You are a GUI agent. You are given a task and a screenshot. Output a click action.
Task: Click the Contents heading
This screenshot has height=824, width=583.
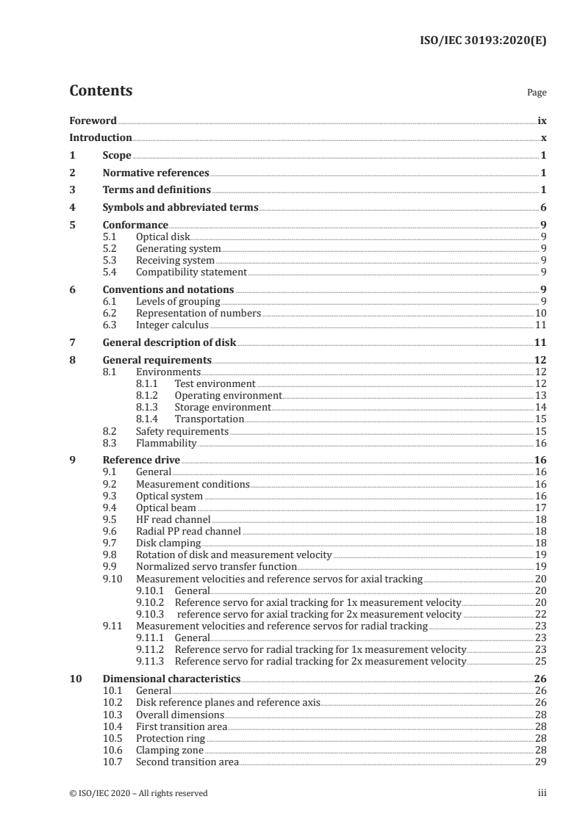coord(101,91)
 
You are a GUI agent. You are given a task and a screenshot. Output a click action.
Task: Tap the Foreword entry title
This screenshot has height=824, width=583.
coord(93,120)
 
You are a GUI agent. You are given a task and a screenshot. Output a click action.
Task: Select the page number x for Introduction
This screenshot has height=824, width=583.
coord(543,137)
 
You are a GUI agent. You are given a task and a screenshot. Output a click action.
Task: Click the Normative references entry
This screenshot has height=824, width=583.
coord(156,173)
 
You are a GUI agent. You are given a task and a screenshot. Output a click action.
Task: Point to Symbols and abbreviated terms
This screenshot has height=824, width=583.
coord(180,207)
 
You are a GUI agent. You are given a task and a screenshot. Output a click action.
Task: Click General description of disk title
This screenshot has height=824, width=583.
coord(169,343)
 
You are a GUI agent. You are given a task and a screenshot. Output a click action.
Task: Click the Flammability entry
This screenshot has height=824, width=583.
coord(166,443)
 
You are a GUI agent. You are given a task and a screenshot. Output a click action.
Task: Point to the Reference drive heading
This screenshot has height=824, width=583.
coord(141,460)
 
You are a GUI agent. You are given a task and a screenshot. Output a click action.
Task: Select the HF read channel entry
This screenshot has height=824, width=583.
coord(168,519)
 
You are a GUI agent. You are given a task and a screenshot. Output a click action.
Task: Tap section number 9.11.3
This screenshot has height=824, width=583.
coord(151,661)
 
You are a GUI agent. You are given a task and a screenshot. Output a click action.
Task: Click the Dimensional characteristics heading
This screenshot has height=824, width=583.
coord(171,679)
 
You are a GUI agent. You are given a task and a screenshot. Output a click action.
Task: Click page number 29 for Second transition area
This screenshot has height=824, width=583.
coord(540,762)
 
